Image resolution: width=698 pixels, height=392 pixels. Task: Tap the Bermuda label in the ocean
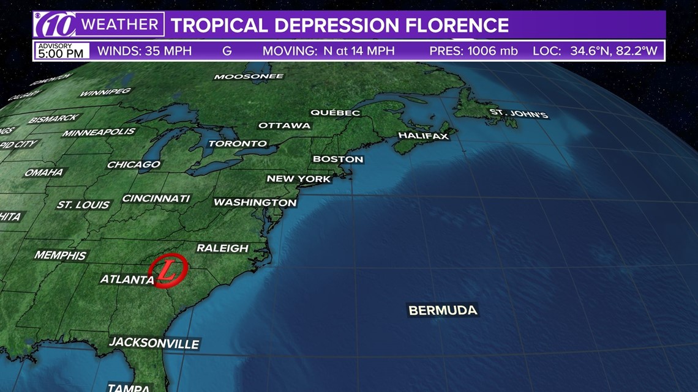click(x=443, y=311)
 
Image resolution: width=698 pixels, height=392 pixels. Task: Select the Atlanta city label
click(x=127, y=279)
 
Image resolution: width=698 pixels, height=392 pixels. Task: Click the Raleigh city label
click(x=222, y=248)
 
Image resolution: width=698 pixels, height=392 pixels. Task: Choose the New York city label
click(x=299, y=179)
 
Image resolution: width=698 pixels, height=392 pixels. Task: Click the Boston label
click(x=338, y=159)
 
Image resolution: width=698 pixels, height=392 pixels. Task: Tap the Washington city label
click(x=255, y=202)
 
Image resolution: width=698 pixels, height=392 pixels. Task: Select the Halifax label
click(x=424, y=136)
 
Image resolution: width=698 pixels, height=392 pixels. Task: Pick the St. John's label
click(x=518, y=114)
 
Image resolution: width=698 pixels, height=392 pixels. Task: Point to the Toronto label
click(x=238, y=144)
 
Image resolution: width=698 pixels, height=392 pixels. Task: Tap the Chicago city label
click(x=133, y=165)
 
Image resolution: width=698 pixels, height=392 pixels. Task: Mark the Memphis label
click(x=61, y=255)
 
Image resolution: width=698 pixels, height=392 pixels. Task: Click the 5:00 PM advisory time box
click(x=61, y=51)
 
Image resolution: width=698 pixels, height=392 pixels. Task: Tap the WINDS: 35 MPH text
click(x=144, y=51)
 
